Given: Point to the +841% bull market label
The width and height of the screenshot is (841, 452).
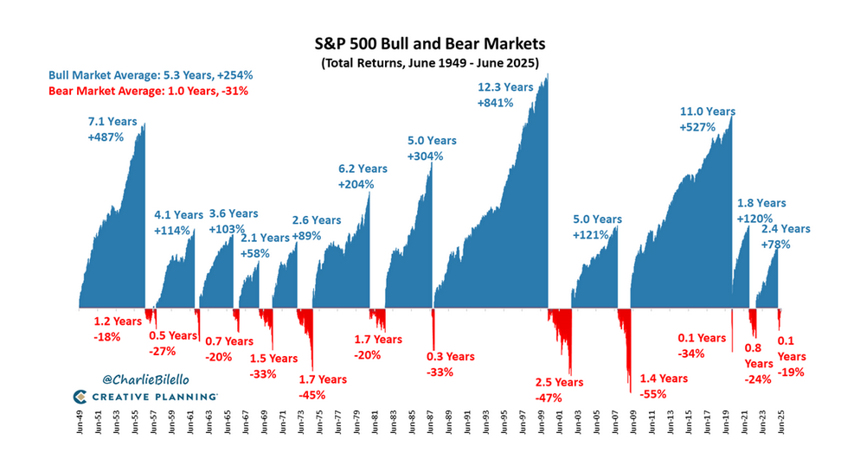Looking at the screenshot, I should click(495, 102).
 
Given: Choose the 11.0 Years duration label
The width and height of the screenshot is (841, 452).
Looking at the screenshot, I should click(707, 111).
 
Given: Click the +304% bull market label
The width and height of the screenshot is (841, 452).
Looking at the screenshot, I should click(425, 156).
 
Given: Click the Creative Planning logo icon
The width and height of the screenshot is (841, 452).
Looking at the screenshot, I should click(79, 397).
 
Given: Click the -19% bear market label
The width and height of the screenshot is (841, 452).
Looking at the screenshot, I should click(791, 371).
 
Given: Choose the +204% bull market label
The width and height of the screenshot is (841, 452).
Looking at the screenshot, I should click(356, 184).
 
